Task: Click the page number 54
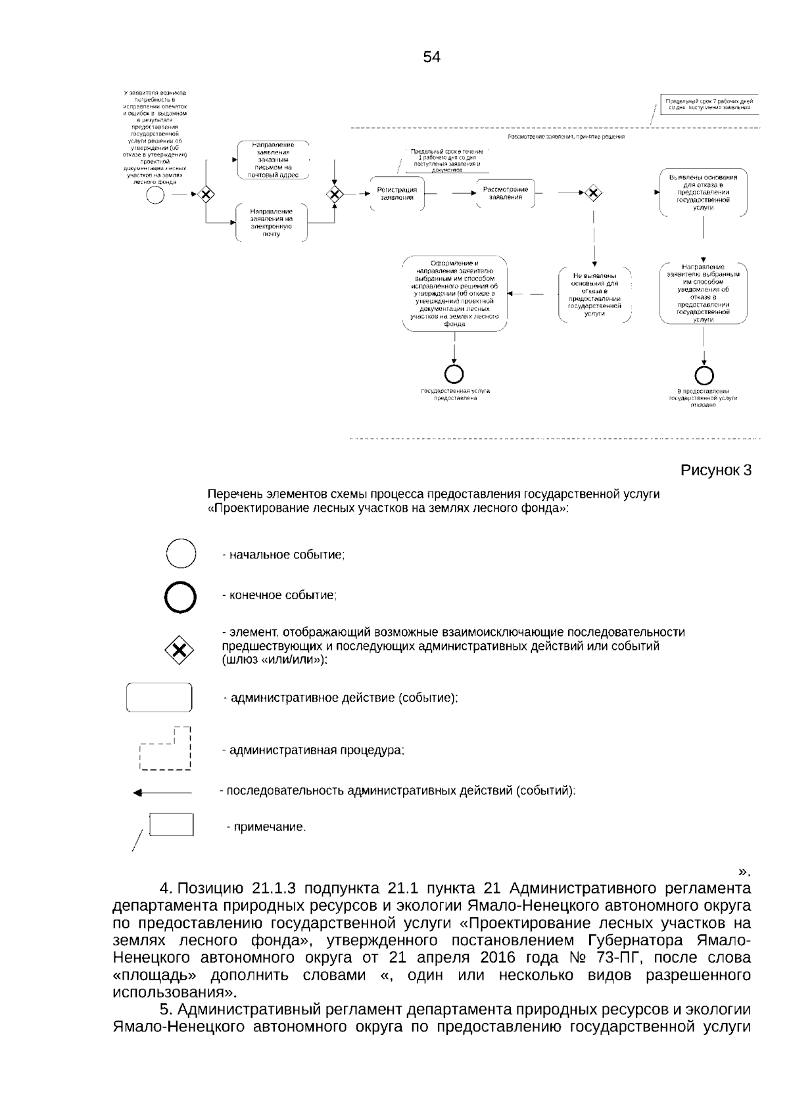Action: click(x=431, y=57)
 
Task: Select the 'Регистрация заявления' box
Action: click(x=397, y=193)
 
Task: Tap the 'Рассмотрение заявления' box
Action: click(x=506, y=193)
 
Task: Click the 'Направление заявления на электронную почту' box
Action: click(x=272, y=222)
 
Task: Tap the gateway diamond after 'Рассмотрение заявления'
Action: click(x=594, y=193)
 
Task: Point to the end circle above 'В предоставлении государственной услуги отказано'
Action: click(x=704, y=375)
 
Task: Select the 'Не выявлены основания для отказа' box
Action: click(x=594, y=294)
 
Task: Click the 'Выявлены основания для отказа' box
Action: click(x=704, y=192)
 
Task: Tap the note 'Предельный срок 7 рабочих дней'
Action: click(x=709, y=104)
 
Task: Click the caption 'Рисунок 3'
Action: click(x=715, y=470)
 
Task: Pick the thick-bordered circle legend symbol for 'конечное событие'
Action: click(x=180, y=597)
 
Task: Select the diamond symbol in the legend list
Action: click(x=179, y=650)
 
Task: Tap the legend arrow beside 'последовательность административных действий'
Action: click(x=162, y=793)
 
